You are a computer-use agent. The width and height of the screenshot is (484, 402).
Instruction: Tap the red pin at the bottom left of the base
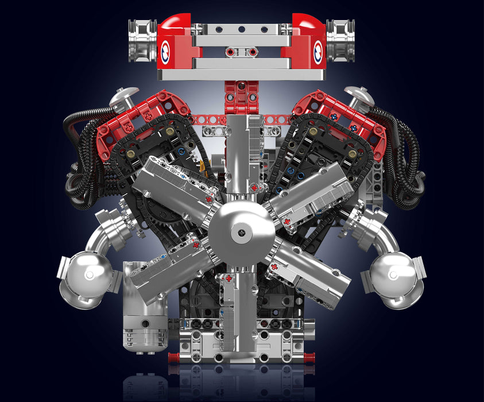[x=173, y=357]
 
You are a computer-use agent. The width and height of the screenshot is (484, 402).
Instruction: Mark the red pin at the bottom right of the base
[x=310, y=357]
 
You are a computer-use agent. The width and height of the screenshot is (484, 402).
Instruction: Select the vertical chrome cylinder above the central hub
[x=242, y=155]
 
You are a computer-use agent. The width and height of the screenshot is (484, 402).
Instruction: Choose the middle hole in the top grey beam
[x=242, y=28]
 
